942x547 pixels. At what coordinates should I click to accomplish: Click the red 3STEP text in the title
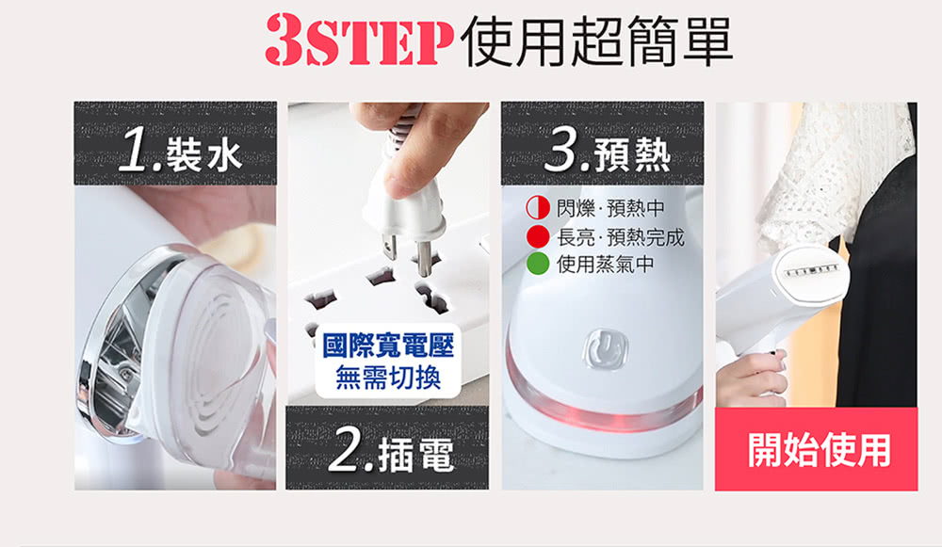[359, 40]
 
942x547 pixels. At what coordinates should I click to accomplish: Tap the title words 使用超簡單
[596, 40]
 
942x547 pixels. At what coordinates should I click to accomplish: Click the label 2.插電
[392, 452]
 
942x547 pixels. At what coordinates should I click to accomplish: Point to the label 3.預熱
[608, 153]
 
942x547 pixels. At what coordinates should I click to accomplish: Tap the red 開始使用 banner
[817, 449]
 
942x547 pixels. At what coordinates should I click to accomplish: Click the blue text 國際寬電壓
[388, 346]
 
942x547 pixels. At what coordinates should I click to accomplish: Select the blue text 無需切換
[388, 378]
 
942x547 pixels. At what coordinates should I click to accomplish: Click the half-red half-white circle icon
[538, 208]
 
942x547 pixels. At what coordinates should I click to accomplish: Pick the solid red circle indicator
[538, 236]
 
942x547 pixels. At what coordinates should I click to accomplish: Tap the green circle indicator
[538, 264]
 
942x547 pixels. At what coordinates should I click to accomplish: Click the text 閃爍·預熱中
[610, 208]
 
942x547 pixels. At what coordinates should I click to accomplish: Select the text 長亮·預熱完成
[621, 236]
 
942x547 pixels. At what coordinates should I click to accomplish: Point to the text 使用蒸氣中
[606, 264]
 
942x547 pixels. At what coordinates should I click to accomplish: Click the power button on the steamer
[605, 347]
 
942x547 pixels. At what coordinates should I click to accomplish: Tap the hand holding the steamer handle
[751, 378]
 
